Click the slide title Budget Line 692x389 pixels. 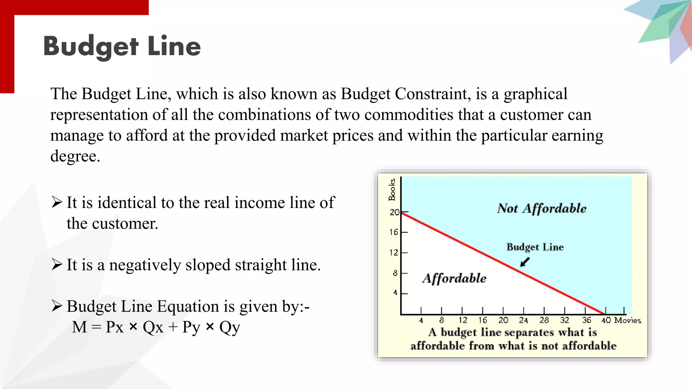coord(122,46)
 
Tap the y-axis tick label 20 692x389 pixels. coord(394,212)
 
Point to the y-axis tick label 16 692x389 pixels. coord(394,232)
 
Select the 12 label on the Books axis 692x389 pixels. coord(394,253)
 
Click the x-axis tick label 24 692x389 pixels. coord(523,320)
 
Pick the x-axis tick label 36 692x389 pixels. coord(587,320)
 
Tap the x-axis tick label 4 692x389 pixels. coord(421,320)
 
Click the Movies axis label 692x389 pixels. coord(627,320)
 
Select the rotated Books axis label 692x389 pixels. coord(392,189)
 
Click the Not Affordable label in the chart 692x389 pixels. coord(542,209)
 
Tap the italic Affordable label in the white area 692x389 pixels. coord(454,279)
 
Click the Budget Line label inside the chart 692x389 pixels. coord(535,247)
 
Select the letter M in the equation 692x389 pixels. coord(80,327)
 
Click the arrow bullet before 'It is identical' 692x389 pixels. coord(57,202)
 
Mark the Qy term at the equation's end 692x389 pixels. coord(230,327)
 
